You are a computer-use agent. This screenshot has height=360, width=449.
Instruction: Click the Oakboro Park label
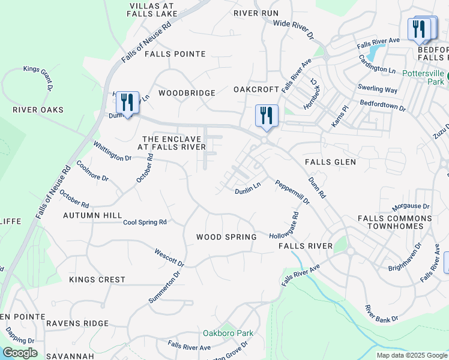pos(228,333)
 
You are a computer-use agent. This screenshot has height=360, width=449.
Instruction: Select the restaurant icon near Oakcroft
pos(266,116)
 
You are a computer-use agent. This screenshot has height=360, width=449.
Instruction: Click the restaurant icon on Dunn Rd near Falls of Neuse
pos(127,104)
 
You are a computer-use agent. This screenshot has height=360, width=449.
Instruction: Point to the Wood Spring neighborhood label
pos(226,237)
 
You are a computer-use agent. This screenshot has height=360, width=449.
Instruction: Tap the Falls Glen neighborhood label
pos(330,162)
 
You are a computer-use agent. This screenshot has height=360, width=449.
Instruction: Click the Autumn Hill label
pos(92,215)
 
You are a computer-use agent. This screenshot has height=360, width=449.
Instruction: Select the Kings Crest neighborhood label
pos(97,280)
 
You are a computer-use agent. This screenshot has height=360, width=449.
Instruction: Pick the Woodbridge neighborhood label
pos(187,93)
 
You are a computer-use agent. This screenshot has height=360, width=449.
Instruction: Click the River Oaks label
pos(38,110)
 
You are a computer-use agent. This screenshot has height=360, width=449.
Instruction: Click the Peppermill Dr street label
pos(292,192)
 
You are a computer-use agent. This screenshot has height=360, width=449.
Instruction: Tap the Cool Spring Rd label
pos(145,222)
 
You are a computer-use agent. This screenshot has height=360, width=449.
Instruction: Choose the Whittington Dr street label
pos(112,151)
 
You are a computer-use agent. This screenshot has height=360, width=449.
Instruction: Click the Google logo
pos(19,353)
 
